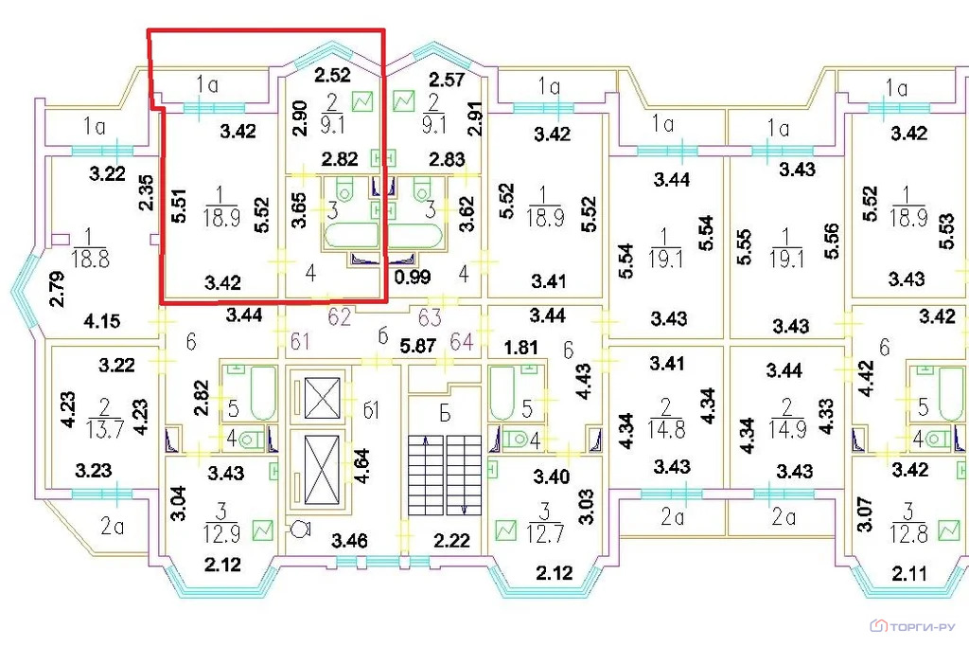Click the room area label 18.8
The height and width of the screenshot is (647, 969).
click(x=91, y=259)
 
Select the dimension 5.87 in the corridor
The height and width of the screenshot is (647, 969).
click(x=417, y=345)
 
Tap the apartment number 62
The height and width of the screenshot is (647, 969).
click(x=340, y=317)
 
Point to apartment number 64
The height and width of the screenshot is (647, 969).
click(x=462, y=341)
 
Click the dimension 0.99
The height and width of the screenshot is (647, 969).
click(x=413, y=277)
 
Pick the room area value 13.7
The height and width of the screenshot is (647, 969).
click(x=105, y=429)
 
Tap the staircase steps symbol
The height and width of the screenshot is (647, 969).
click(x=445, y=475)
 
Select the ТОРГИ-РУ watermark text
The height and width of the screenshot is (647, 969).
click(x=923, y=626)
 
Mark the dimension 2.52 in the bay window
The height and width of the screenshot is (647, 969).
click(x=332, y=75)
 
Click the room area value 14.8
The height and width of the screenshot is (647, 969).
click(x=665, y=429)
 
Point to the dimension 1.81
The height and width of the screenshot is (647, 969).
click(x=520, y=347)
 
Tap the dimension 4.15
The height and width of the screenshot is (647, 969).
click(x=102, y=322)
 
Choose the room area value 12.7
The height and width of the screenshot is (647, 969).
click(x=544, y=533)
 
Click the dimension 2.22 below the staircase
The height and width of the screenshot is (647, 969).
click(x=451, y=541)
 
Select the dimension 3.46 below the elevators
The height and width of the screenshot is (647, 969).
click(x=349, y=541)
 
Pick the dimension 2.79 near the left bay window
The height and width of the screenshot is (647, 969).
click(x=57, y=289)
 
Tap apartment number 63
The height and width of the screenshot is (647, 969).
click(x=431, y=317)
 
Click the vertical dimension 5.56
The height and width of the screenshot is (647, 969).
click(x=832, y=242)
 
